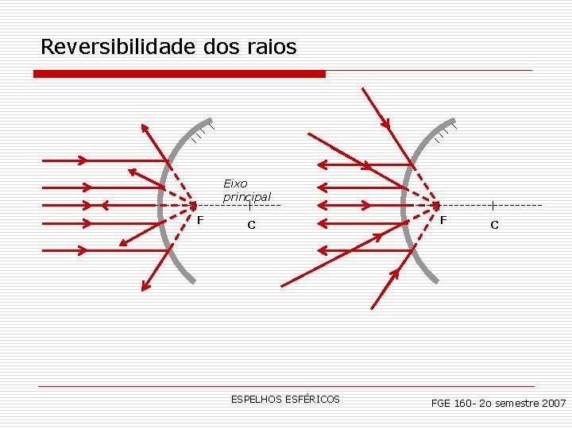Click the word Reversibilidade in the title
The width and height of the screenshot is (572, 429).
click(x=118, y=47)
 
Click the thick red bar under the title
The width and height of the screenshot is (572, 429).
click(x=180, y=74)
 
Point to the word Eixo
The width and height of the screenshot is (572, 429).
click(x=235, y=184)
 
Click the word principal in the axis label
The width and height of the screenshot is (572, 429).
click(x=247, y=196)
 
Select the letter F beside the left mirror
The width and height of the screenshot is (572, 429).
click(x=200, y=219)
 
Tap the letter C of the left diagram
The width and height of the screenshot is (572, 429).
click(x=251, y=225)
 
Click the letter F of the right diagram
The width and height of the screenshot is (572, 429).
click(x=443, y=219)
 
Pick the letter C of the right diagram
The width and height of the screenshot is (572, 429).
click(x=494, y=225)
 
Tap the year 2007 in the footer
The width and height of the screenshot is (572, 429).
click(x=552, y=404)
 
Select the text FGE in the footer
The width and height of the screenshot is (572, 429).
click(x=441, y=404)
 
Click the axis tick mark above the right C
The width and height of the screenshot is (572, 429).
click(x=493, y=206)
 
